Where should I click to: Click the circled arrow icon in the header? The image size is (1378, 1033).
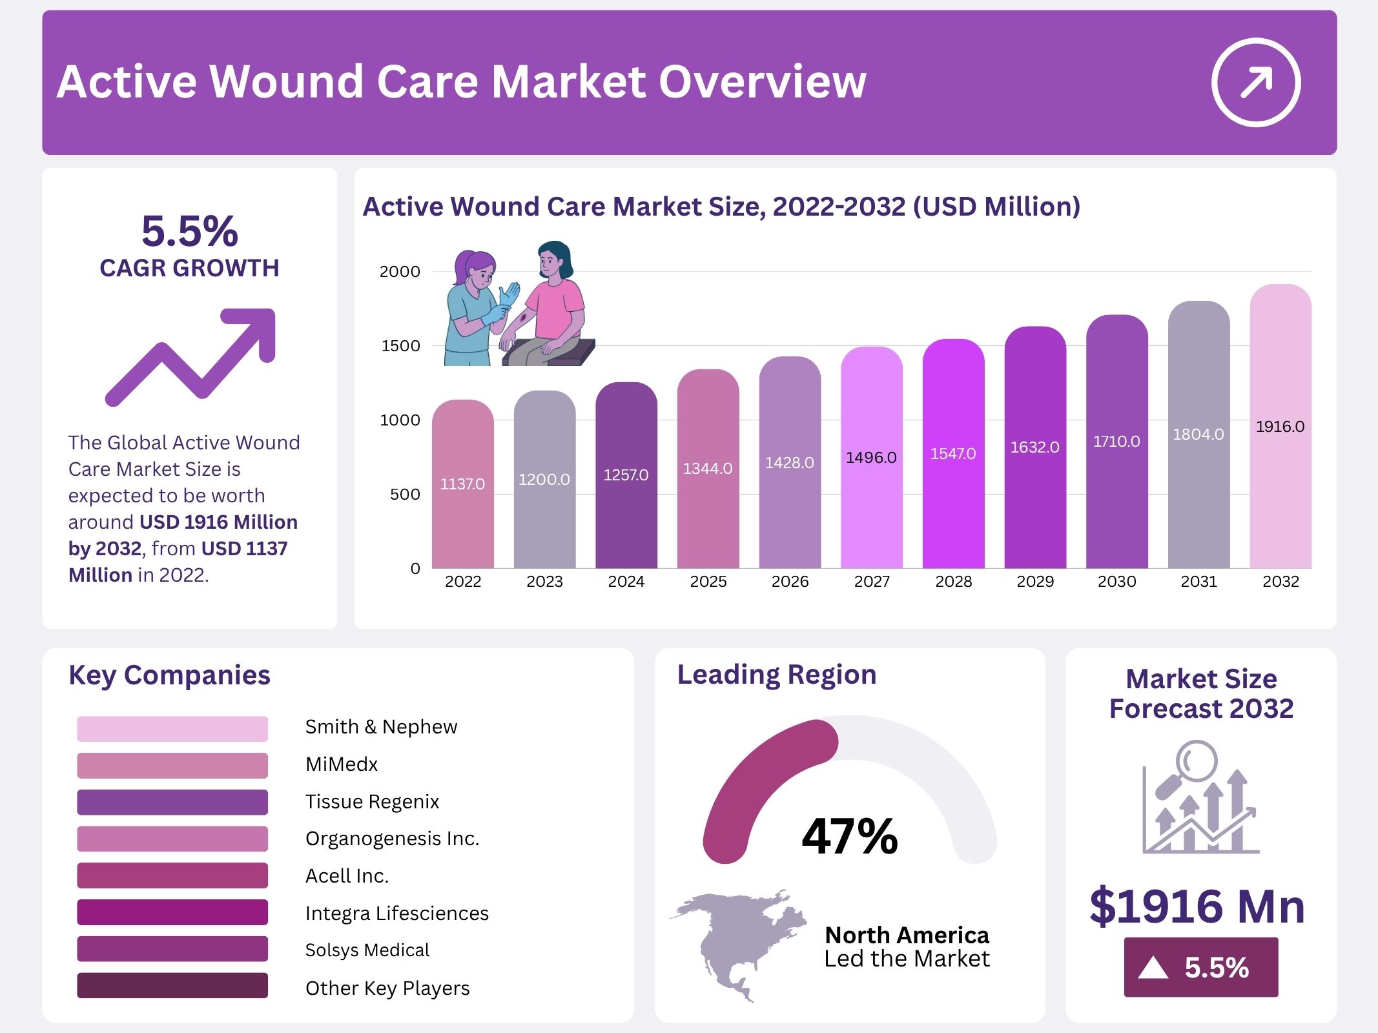coord(1255,83)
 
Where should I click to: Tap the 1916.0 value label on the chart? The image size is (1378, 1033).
coord(1280,427)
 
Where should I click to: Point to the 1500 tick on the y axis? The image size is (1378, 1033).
coord(400,346)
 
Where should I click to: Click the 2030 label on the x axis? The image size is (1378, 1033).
coord(1116,582)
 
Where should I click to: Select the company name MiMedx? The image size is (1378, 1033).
coord(342,764)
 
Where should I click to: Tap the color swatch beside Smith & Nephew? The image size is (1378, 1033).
coord(172,728)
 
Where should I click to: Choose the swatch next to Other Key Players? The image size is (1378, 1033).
coord(172,986)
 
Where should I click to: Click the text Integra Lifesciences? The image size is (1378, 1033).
coord(396,913)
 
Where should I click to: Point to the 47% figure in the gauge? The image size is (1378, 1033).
coord(850,836)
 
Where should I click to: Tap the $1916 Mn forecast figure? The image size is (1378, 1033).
coord(1197,906)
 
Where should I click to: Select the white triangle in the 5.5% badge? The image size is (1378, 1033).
coord(1153,968)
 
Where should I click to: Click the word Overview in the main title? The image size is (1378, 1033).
coord(762,82)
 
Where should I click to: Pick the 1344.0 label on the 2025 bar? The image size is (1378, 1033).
coord(708,469)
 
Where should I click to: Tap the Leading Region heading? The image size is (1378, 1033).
coord(776,675)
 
